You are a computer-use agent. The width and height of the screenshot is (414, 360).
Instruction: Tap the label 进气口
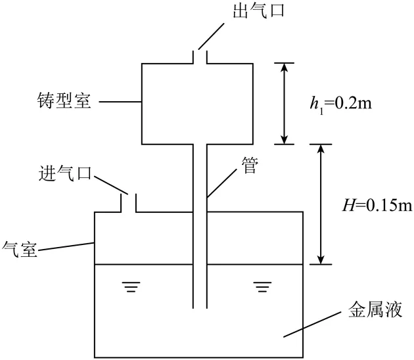[x=64, y=175]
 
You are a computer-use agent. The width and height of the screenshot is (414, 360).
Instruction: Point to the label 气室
[x=20, y=249]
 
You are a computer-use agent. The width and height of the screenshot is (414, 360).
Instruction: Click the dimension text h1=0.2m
[x=342, y=102]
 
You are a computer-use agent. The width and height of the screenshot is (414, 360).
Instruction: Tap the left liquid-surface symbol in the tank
[x=131, y=287]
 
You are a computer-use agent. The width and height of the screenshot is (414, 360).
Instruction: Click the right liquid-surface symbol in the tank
[x=263, y=287]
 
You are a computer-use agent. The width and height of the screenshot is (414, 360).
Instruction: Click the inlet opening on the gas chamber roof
[x=128, y=204]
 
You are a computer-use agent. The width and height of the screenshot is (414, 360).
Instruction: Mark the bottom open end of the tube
[x=200, y=307]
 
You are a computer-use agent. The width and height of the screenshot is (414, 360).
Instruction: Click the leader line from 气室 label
[x=67, y=246]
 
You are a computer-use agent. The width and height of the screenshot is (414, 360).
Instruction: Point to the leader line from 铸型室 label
[x=121, y=102]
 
